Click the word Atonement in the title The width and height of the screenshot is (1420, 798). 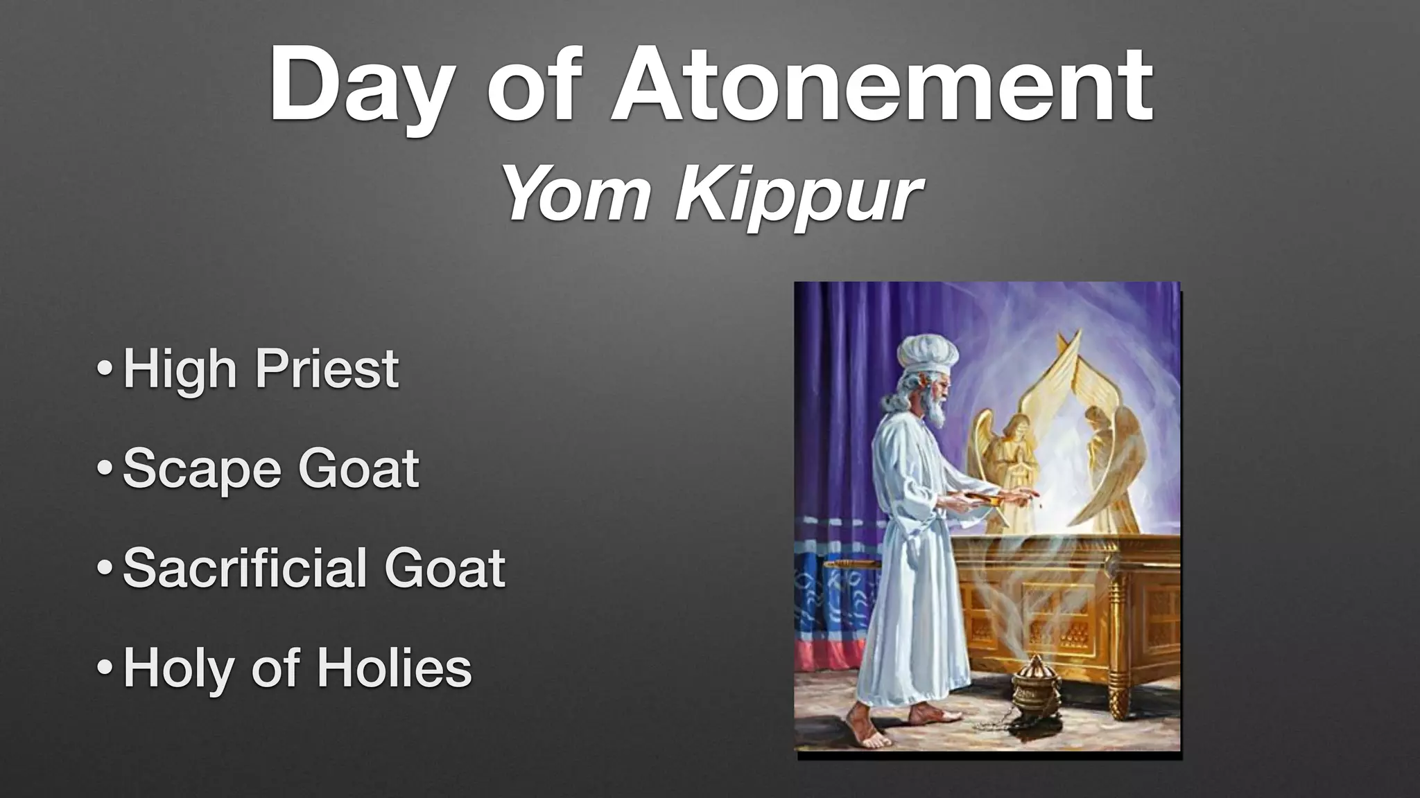pyautogui.click(x=882, y=85)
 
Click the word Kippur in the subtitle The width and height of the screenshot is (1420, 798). pyautogui.click(x=799, y=196)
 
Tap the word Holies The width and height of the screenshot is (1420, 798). pyautogui.click(x=395, y=668)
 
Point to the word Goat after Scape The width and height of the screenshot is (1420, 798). pyautogui.click(x=358, y=469)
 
